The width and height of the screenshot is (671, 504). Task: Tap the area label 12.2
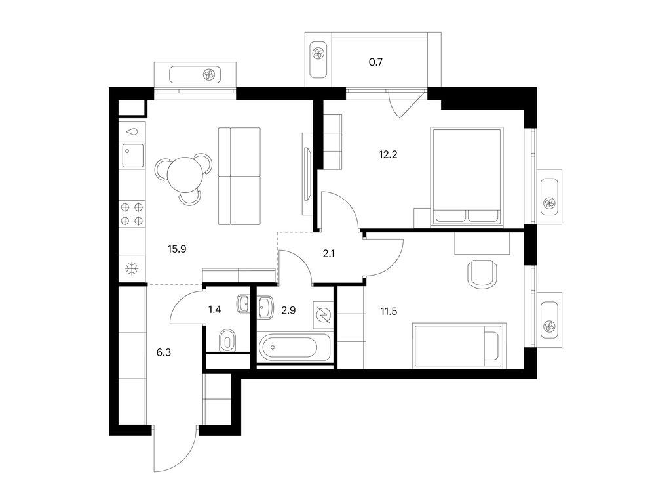[389, 155]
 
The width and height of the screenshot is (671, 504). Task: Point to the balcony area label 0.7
[375, 63]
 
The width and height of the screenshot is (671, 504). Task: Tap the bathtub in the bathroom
[295, 348]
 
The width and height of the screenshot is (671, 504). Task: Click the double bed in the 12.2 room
[466, 176]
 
